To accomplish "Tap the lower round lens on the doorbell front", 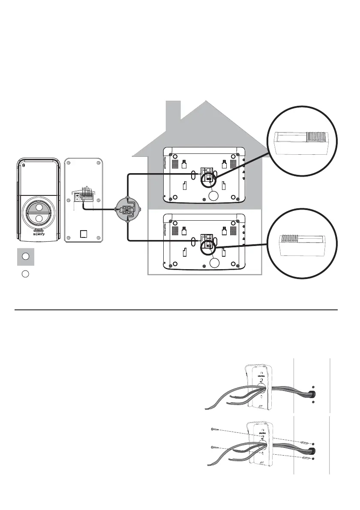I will click(39, 219).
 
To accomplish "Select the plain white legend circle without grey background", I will click(25, 274).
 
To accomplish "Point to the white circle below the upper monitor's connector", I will click(213, 196).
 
